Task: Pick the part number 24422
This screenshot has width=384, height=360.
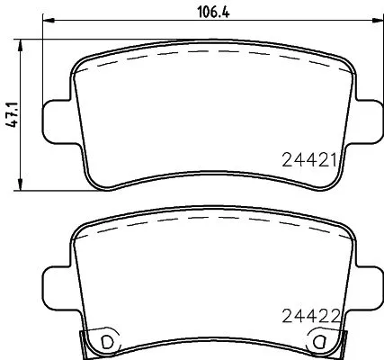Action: [308, 316]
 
